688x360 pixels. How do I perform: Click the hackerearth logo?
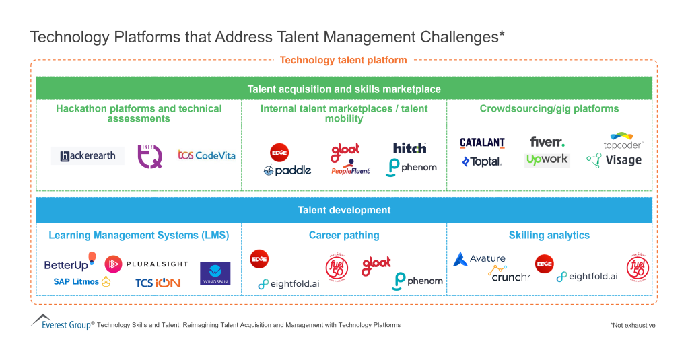pyautogui.click(x=88, y=156)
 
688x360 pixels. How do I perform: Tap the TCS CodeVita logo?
pyautogui.click(x=207, y=155)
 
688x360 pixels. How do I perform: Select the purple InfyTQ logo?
pyautogui.click(x=150, y=155)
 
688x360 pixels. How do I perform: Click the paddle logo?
pyautogui.click(x=287, y=170)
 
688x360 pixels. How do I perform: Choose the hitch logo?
pyautogui.click(x=410, y=148)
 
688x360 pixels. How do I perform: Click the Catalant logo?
pyautogui.click(x=482, y=143)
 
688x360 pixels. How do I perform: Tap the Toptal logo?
pyautogui.click(x=481, y=161)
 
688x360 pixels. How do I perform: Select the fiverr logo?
pyautogui.click(x=547, y=142)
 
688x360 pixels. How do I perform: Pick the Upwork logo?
pyautogui.click(x=547, y=160)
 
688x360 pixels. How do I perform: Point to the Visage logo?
pyautogui.click(x=614, y=160)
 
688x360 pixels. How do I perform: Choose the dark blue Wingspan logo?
pyautogui.click(x=215, y=274)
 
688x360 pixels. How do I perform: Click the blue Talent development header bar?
pyautogui.click(x=344, y=211)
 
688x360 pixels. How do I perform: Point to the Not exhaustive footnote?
pyautogui.click(x=633, y=325)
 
